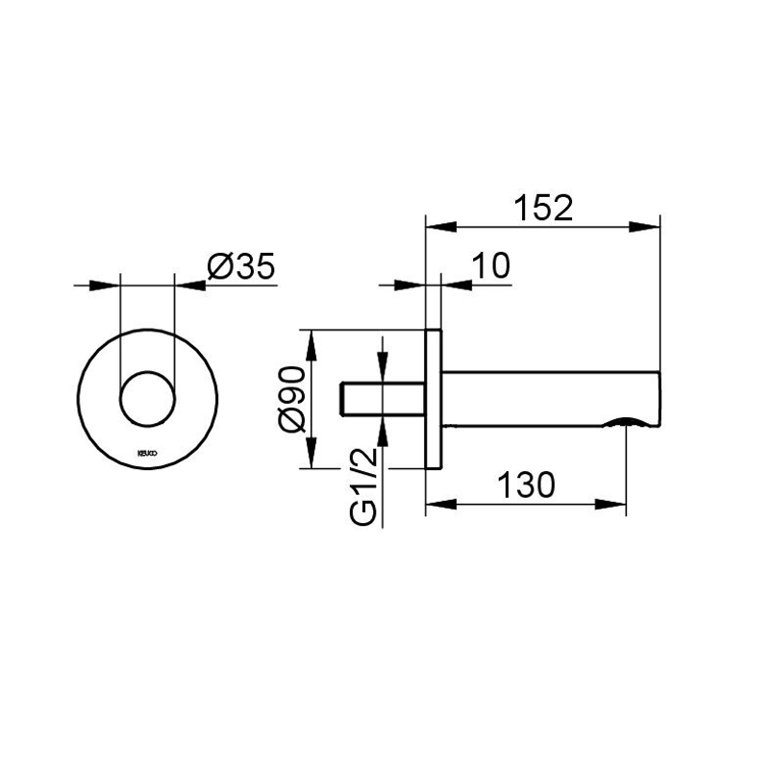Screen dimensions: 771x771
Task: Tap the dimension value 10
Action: (x=491, y=266)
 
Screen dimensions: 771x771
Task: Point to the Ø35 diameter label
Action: (x=240, y=266)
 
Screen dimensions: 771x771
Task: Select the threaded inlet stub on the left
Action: (x=382, y=398)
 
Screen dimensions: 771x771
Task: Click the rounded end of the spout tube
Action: (x=657, y=396)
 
